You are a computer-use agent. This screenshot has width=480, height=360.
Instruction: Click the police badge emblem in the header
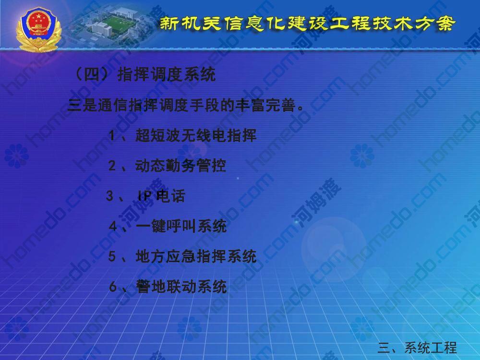click(39, 29)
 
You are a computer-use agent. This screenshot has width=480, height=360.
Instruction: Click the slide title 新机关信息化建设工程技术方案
click(307, 24)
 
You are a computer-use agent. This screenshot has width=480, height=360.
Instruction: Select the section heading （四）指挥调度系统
click(144, 74)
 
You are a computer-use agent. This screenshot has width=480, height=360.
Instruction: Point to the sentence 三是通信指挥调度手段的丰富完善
click(186, 105)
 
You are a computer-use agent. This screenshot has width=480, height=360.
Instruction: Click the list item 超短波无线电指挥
click(196, 135)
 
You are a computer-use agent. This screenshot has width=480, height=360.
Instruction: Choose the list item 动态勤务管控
click(180, 165)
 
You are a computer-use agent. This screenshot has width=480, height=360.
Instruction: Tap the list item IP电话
click(161, 196)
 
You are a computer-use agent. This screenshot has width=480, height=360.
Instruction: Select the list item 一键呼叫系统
click(181, 226)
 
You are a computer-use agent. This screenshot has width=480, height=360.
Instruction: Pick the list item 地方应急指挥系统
click(196, 256)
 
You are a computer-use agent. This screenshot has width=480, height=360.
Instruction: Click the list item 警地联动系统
click(181, 287)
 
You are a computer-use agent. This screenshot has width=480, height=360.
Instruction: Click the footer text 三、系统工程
click(417, 348)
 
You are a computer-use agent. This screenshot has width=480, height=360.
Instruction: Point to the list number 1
click(112, 136)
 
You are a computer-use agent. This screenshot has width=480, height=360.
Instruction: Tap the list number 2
click(112, 166)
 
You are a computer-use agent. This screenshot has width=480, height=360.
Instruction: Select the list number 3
click(109, 196)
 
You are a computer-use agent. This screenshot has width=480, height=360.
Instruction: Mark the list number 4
click(113, 227)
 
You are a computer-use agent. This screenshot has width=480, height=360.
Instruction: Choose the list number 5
click(112, 256)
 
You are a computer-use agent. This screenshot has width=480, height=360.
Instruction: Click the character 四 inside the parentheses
click(92, 74)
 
